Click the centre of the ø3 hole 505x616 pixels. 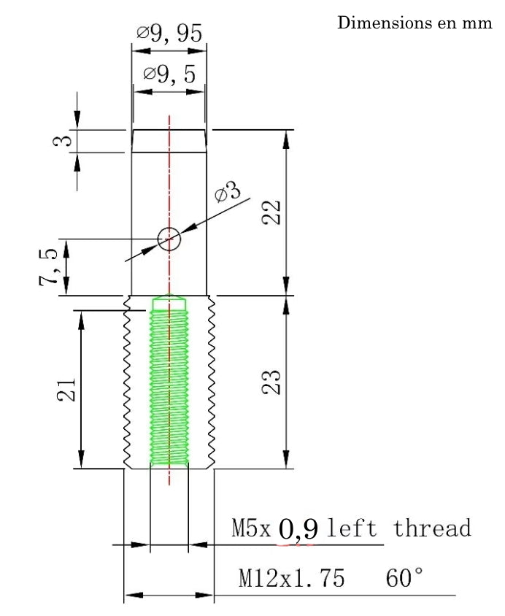[x=169, y=239]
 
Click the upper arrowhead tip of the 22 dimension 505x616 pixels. [x=286, y=130]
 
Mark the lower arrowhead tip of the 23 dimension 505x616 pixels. [x=286, y=469]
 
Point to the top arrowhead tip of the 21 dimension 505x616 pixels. [x=81, y=311]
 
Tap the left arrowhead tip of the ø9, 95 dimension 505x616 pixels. [x=132, y=50]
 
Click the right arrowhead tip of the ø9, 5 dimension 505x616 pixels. [x=205, y=92]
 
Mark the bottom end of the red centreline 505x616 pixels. [x=169, y=485]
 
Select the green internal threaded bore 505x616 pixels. [x=169, y=381]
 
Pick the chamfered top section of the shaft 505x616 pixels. [x=169, y=141]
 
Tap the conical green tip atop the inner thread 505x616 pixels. [x=169, y=301]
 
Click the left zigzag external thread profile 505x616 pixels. [x=127, y=382]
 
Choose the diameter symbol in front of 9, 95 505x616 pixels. [x=142, y=33]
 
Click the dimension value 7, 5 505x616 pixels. [x=48, y=266]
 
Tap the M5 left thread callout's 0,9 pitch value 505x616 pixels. [x=298, y=529]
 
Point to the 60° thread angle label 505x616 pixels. [x=404, y=577]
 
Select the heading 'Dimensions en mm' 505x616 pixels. [x=415, y=23]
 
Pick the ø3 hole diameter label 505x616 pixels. [x=228, y=191]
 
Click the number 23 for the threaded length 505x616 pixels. [x=271, y=382]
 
